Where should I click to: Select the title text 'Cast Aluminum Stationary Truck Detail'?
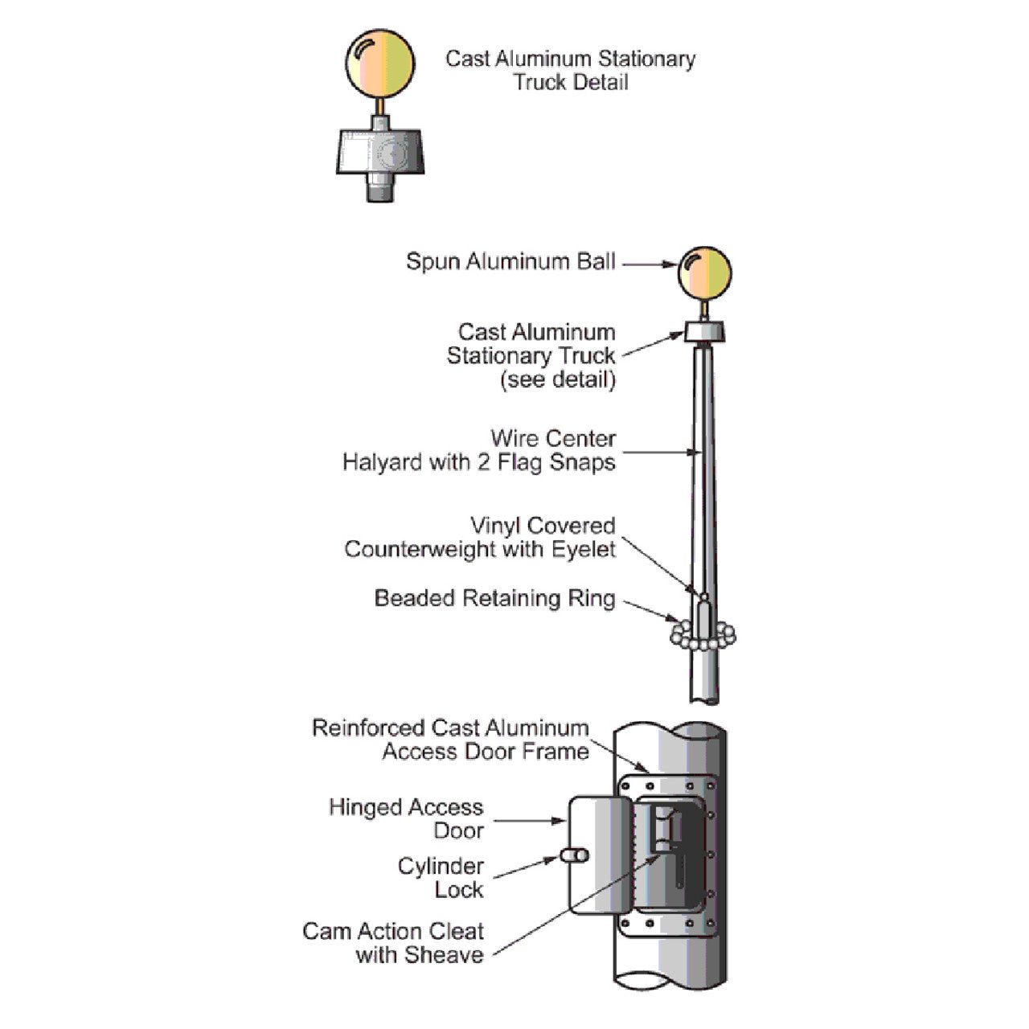click(x=570, y=70)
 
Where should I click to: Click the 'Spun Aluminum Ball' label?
click(x=510, y=262)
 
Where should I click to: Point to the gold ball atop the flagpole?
click(x=705, y=273)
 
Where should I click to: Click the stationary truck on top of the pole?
click(x=705, y=331)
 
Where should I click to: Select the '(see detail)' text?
click(x=558, y=379)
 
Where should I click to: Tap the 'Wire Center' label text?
click(x=553, y=439)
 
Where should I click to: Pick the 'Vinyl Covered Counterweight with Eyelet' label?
click(x=480, y=538)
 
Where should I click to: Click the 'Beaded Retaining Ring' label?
click(x=494, y=599)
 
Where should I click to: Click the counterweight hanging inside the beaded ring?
click(x=703, y=617)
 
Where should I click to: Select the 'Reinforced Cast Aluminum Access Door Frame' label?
click(x=451, y=740)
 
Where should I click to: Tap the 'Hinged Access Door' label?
click(x=406, y=818)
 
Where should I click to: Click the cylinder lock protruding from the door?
click(x=576, y=856)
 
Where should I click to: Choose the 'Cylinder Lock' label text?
click(x=441, y=878)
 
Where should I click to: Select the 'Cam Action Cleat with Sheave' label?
click(x=394, y=943)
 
